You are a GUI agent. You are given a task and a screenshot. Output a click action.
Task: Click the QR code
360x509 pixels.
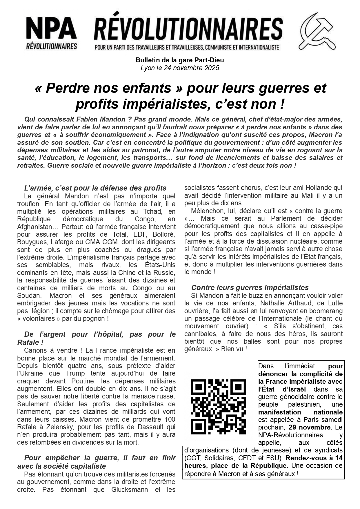[218, 406]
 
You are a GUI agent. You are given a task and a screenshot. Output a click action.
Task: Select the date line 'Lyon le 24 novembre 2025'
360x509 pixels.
[180, 68]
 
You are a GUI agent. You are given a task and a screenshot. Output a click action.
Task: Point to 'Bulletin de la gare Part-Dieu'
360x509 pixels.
[180, 60]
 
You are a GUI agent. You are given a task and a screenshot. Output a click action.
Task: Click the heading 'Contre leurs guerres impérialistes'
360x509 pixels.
[250, 287]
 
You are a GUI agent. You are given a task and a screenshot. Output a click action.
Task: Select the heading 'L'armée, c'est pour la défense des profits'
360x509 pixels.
[95, 188]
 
